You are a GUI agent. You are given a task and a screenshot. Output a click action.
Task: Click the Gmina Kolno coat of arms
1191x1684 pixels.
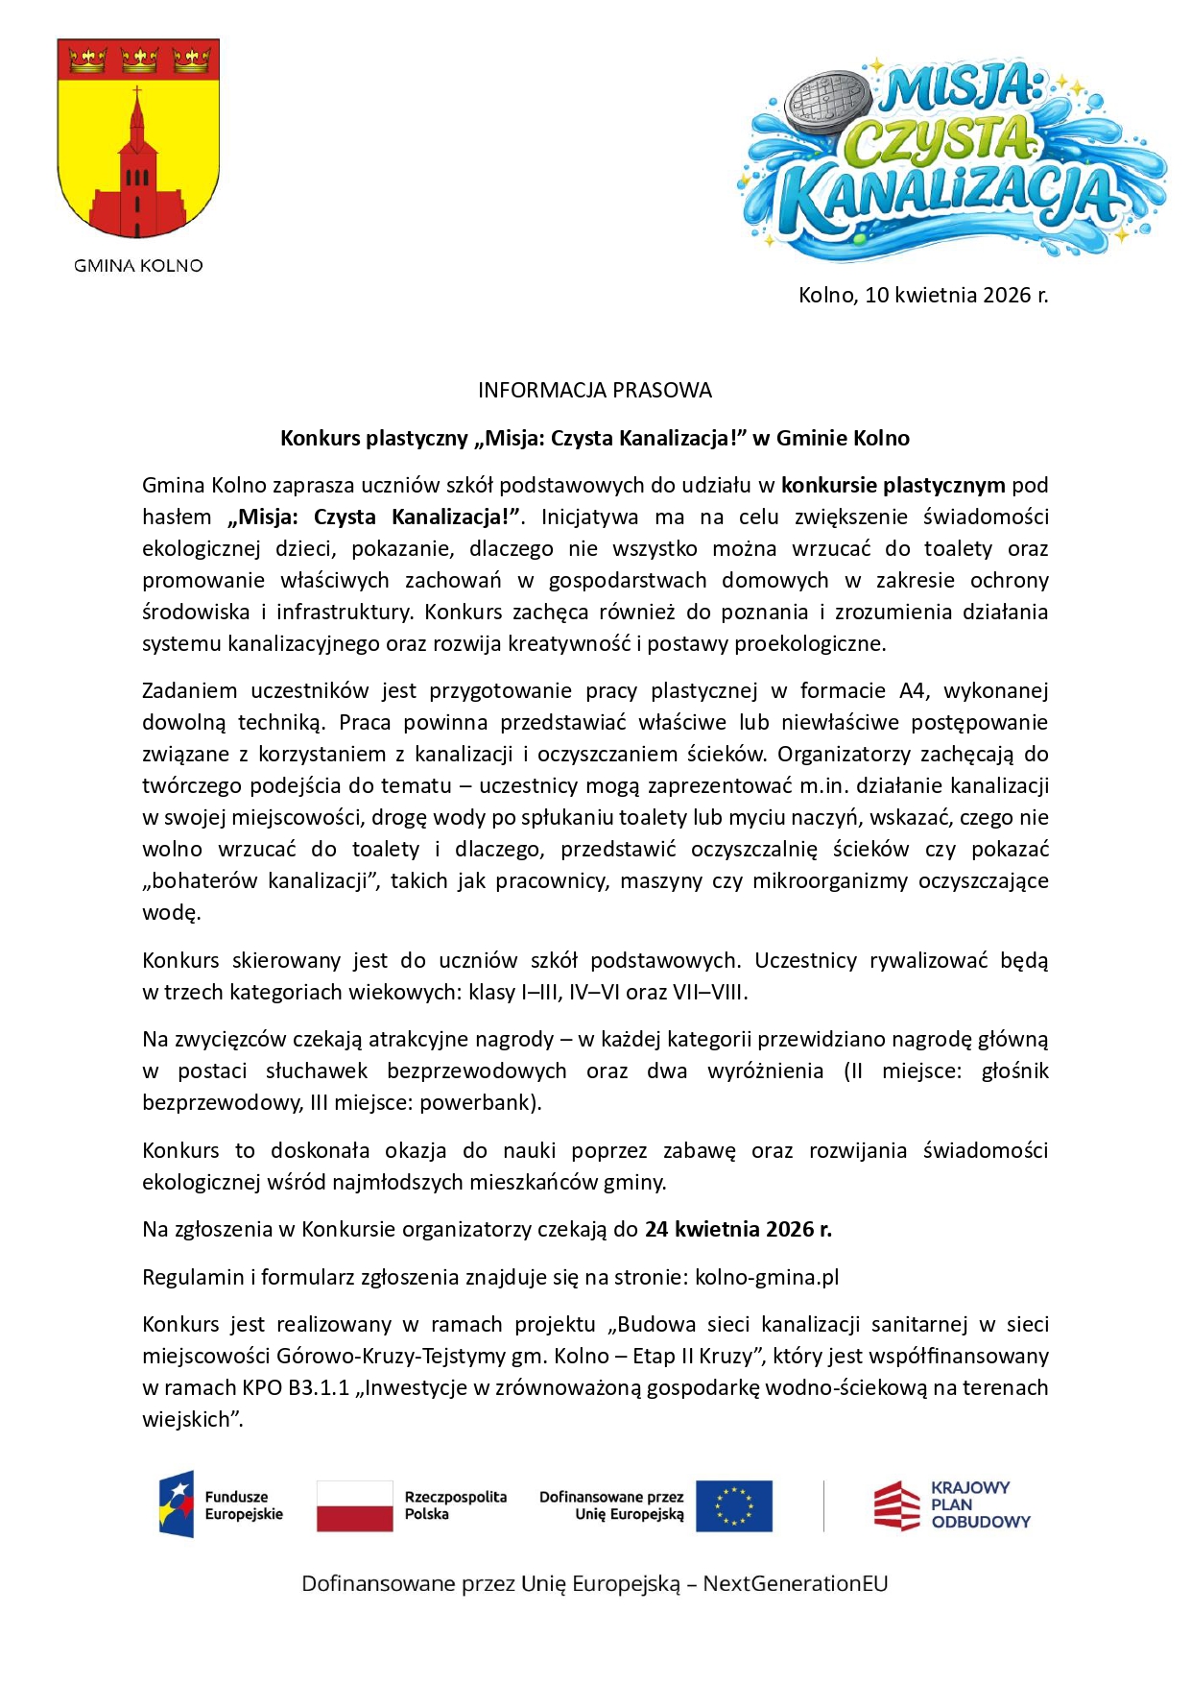point(138,139)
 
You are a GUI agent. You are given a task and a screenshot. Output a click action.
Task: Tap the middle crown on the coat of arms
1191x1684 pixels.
point(139,60)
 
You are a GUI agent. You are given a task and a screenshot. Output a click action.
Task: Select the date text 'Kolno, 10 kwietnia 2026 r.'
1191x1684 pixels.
point(923,295)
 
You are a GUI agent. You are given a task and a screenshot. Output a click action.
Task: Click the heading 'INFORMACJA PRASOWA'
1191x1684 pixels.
point(595,390)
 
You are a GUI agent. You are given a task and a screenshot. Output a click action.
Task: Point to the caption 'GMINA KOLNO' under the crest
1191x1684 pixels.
point(138,266)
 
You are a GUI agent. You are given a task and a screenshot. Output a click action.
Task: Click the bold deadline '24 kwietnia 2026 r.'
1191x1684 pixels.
point(738,1229)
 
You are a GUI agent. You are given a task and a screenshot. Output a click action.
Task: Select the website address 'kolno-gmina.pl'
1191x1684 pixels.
point(767,1277)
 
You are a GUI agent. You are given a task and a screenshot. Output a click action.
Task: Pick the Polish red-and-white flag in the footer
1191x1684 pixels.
point(355,1505)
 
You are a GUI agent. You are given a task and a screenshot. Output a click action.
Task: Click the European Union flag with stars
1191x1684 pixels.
point(734,1505)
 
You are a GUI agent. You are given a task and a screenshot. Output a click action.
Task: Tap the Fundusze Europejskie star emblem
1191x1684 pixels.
point(177,1504)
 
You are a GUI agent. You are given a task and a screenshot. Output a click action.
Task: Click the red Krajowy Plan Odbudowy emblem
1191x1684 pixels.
point(896,1504)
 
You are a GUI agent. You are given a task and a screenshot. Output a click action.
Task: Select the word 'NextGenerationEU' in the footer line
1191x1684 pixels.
point(796,1583)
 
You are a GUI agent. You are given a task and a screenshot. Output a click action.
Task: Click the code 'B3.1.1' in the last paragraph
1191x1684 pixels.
point(319,1387)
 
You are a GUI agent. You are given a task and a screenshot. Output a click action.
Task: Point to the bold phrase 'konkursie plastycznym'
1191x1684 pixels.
point(893,485)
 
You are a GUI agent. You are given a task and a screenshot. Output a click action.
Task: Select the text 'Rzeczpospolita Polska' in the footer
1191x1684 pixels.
point(455,1505)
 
